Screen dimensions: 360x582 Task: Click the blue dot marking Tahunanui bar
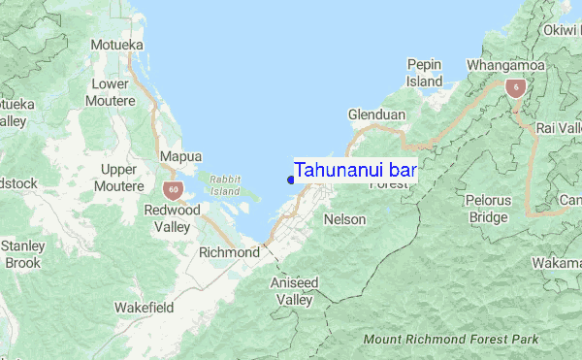291,178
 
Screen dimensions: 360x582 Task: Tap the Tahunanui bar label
355,169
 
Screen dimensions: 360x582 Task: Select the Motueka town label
116,45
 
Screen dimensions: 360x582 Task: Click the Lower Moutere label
110,92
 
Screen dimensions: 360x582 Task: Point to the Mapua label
180,156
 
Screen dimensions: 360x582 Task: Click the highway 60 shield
173,188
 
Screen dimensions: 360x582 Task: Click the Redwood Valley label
172,218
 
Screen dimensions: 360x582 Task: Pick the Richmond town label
229,252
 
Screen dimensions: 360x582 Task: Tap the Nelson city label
345,220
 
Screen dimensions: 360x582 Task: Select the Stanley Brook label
21,254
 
